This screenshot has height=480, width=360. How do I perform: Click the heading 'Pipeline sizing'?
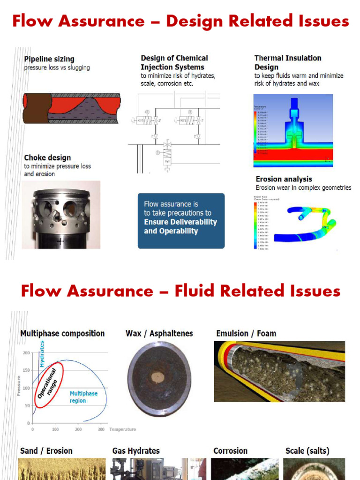tap(49, 59)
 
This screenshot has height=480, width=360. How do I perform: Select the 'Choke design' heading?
tap(47, 157)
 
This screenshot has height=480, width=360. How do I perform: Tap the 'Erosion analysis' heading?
tap(284, 179)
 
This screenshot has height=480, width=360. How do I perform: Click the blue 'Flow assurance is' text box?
tap(181, 220)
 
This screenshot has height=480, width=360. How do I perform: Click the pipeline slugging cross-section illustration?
tap(72, 108)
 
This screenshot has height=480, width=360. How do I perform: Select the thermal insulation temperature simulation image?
tap(293, 130)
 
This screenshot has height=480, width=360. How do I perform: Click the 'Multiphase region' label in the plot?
tap(83, 397)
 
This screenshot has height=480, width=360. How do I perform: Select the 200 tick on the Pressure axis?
tap(27, 352)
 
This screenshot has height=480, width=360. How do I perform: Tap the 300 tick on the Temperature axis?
tap(101, 429)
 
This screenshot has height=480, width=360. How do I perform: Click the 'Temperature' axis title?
tap(122, 429)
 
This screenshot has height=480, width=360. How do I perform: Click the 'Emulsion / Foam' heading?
tap(246, 333)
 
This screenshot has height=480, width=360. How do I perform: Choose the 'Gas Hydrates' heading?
tap(136, 450)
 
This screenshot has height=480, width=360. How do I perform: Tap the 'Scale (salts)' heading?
tap(307, 450)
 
